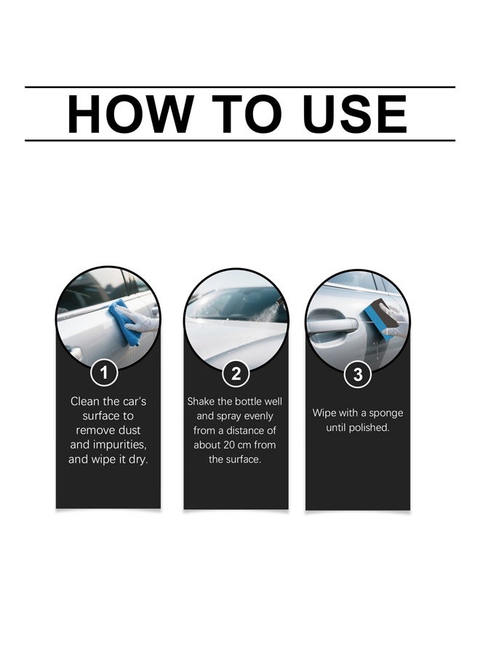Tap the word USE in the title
pyautogui.click(x=355, y=114)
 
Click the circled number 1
pyautogui.click(x=104, y=372)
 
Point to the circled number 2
pyautogui.click(x=236, y=374)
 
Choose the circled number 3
pyautogui.click(x=358, y=374)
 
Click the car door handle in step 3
pyautogui.click(x=332, y=323)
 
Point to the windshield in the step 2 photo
pyautogui.click(x=233, y=304)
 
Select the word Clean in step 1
pyautogui.click(x=85, y=401)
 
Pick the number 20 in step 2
pyautogui.click(x=230, y=445)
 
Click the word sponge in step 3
pyautogui.click(x=386, y=413)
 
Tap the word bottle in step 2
pyautogui.click(x=249, y=401)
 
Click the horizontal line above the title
pyautogui.click(x=240, y=87)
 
